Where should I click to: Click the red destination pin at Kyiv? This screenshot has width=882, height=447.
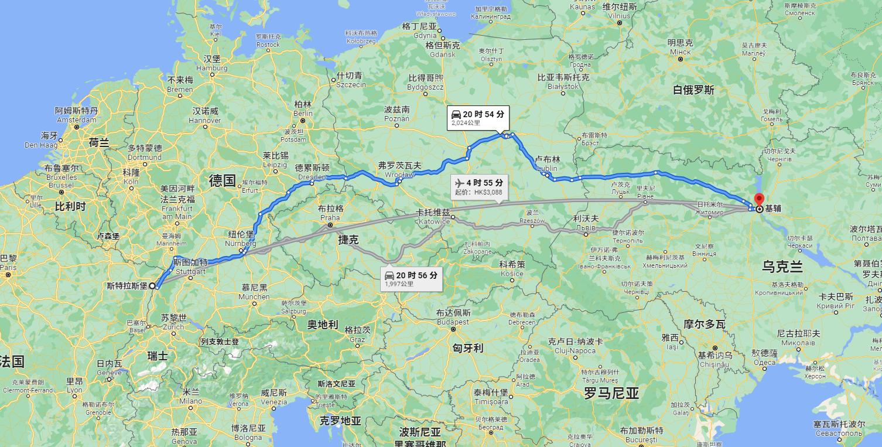point(759,200)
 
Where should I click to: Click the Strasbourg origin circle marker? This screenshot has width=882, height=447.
point(152,286)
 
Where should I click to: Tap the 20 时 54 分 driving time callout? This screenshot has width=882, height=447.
point(477,118)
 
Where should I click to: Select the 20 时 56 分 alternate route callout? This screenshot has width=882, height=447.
point(411,278)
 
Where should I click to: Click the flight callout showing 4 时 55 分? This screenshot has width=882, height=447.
point(478,187)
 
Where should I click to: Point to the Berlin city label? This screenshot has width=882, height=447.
point(303,109)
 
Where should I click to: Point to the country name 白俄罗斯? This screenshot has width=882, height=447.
point(693,90)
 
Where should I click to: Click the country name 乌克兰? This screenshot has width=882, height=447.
point(782,267)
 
